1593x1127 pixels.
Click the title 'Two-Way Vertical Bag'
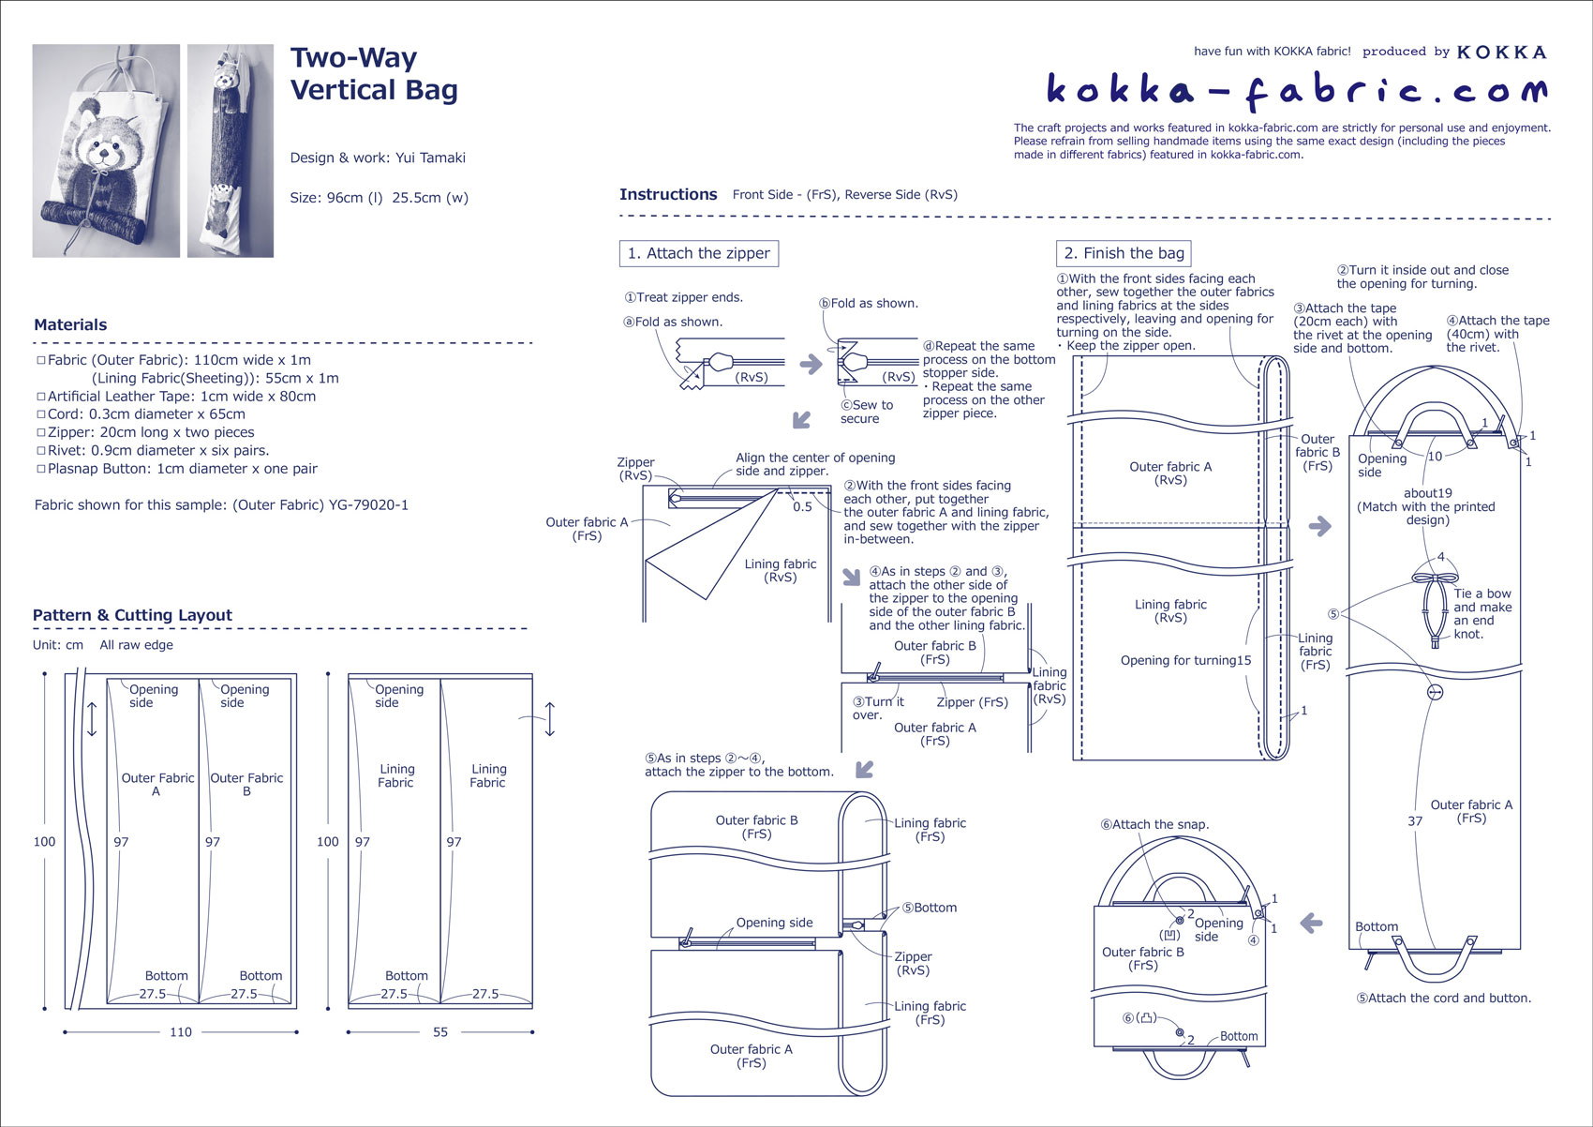tap(374, 74)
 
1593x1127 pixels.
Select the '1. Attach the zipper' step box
tap(698, 253)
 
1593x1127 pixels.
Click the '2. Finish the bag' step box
tap(1124, 253)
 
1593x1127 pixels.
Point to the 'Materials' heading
tap(70, 325)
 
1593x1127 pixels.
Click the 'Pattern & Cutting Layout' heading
tap(132, 615)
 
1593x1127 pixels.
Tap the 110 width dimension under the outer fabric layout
tap(181, 1032)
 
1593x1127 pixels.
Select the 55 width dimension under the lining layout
tap(440, 1032)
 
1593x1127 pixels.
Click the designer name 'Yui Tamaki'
tap(430, 158)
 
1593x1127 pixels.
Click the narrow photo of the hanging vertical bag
tap(231, 151)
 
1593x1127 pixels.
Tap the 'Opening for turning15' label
tap(1185, 660)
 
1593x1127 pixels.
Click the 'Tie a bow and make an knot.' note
tap(1481, 614)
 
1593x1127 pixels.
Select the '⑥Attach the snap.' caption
tap(1154, 825)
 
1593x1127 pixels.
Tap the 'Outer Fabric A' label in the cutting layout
tap(157, 785)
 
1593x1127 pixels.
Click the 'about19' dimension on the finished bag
tap(1427, 493)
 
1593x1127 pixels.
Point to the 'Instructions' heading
tap(668, 195)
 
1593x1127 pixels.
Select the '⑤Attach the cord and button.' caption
tap(1443, 999)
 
